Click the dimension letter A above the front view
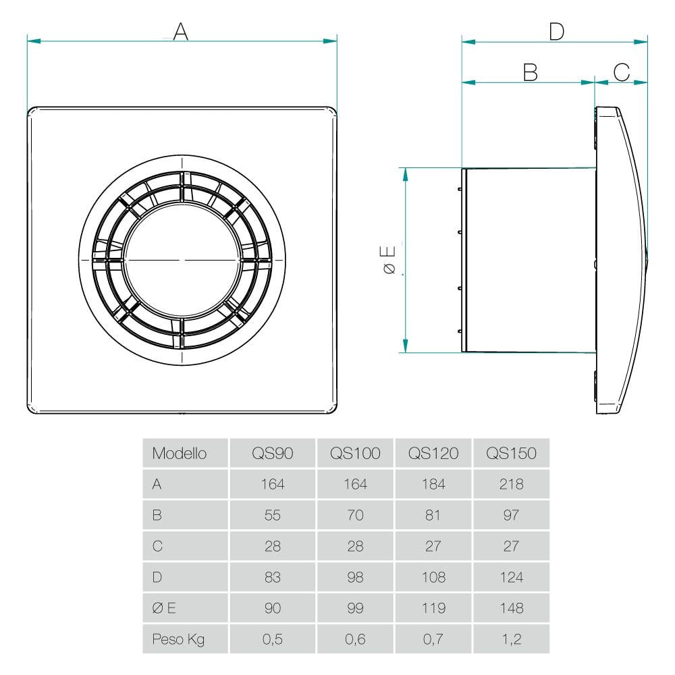[x=180, y=31]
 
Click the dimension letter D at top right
[x=556, y=31]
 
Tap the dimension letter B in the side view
[x=531, y=72]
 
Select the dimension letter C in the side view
[x=621, y=72]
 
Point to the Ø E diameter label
[x=389, y=261]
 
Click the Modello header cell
[x=179, y=454]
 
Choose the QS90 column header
[x=273, y=454]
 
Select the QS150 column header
[x=511, y=454]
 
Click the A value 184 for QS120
[x=433, y=485]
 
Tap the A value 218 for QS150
[x=511, y=485]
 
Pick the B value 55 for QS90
[x=273, y=516]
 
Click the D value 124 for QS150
[x=511, y=578]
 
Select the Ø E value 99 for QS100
[x=355, y=608]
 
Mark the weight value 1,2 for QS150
[x=511, y=639]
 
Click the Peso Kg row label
[x=178, y=639]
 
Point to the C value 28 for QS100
[x=355, y=547]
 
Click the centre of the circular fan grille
[x=182, y=260]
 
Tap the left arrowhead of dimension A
[x=31, y=41]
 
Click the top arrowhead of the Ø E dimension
[x=406, y=171]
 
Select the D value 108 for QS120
[x=433, y=578]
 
